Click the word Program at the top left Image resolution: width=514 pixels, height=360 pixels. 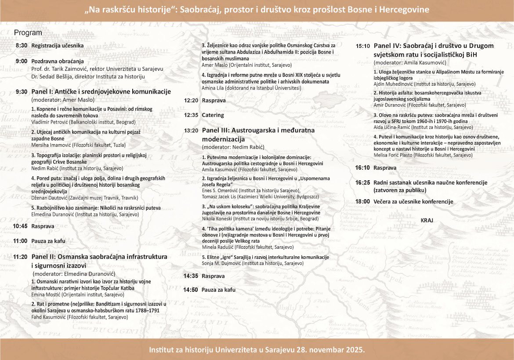click(x=28, y=33)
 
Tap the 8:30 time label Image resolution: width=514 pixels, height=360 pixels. click(x=22, y=46)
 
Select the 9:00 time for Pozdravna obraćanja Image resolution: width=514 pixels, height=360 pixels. click(x=22, y=62)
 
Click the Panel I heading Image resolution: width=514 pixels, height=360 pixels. click(x=101, y=92)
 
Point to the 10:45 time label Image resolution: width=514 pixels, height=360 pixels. click(x=20, y=226)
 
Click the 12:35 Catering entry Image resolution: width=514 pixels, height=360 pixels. click(x=213, y=115)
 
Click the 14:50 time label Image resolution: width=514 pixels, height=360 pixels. click(x=191, y=290)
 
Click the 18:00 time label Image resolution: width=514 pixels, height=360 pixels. click(x=362, y=202)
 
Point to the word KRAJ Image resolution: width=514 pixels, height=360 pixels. click(x=427, y=221)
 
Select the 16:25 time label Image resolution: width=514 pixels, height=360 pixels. click(x=362, y=183)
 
